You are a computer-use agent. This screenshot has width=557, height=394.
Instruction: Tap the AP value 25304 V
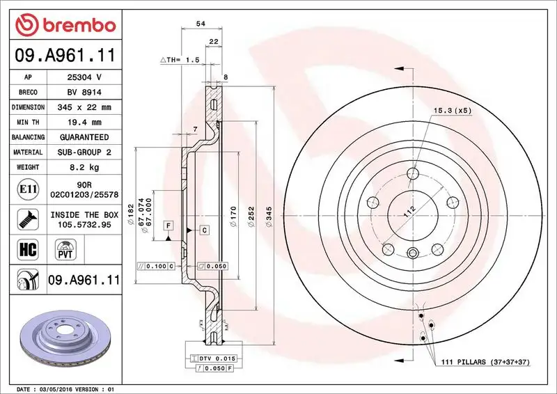pos(84,77)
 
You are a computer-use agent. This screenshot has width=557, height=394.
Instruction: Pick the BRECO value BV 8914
pos(84,93)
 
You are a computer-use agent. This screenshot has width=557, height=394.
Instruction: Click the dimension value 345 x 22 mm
pos(84,108)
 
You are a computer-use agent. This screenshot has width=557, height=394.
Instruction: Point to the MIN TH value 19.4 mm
pos(84,123)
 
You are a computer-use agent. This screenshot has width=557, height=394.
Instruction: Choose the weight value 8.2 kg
pos(84,167)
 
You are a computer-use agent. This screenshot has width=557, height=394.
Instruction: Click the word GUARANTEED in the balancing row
pos(84,137)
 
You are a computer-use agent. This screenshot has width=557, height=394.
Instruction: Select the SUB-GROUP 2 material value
pos(84,152)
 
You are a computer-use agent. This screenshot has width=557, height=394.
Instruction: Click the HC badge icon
pos(24,248)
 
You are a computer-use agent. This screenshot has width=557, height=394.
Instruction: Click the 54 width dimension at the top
pos(201,24)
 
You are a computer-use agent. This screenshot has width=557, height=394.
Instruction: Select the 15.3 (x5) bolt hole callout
pos(453,111)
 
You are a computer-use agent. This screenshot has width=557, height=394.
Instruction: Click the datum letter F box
pos(169,225)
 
